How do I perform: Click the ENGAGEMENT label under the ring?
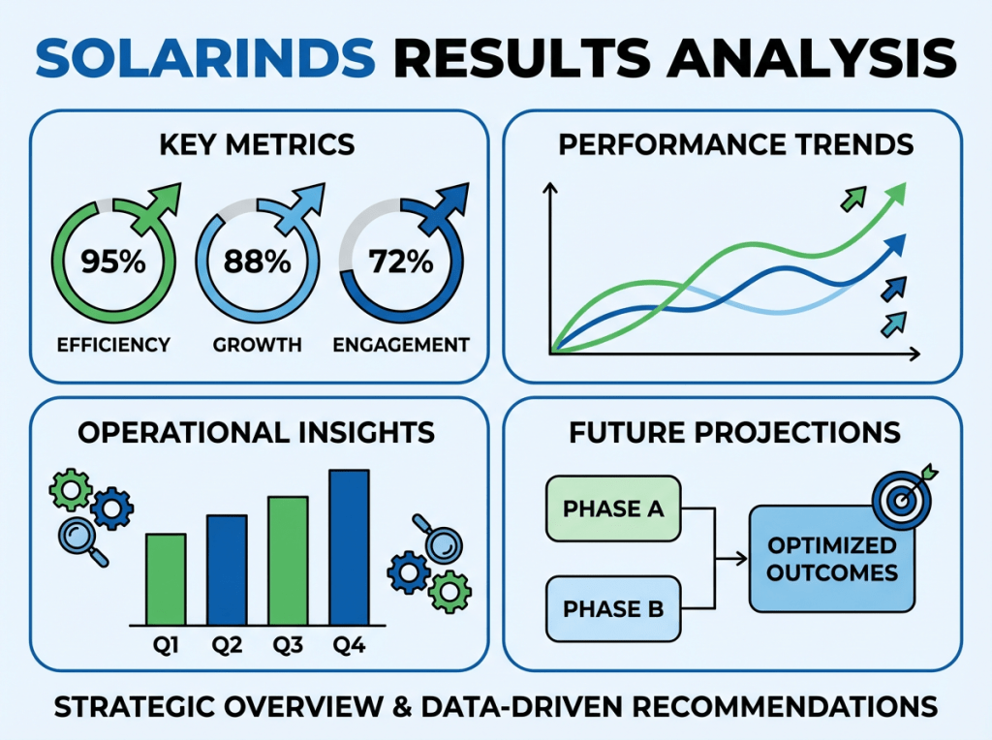401,345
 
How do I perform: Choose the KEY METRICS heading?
258,145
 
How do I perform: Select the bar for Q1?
166,579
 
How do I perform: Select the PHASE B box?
613,609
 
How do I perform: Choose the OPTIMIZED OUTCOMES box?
832,559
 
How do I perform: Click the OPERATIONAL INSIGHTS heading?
257,432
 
